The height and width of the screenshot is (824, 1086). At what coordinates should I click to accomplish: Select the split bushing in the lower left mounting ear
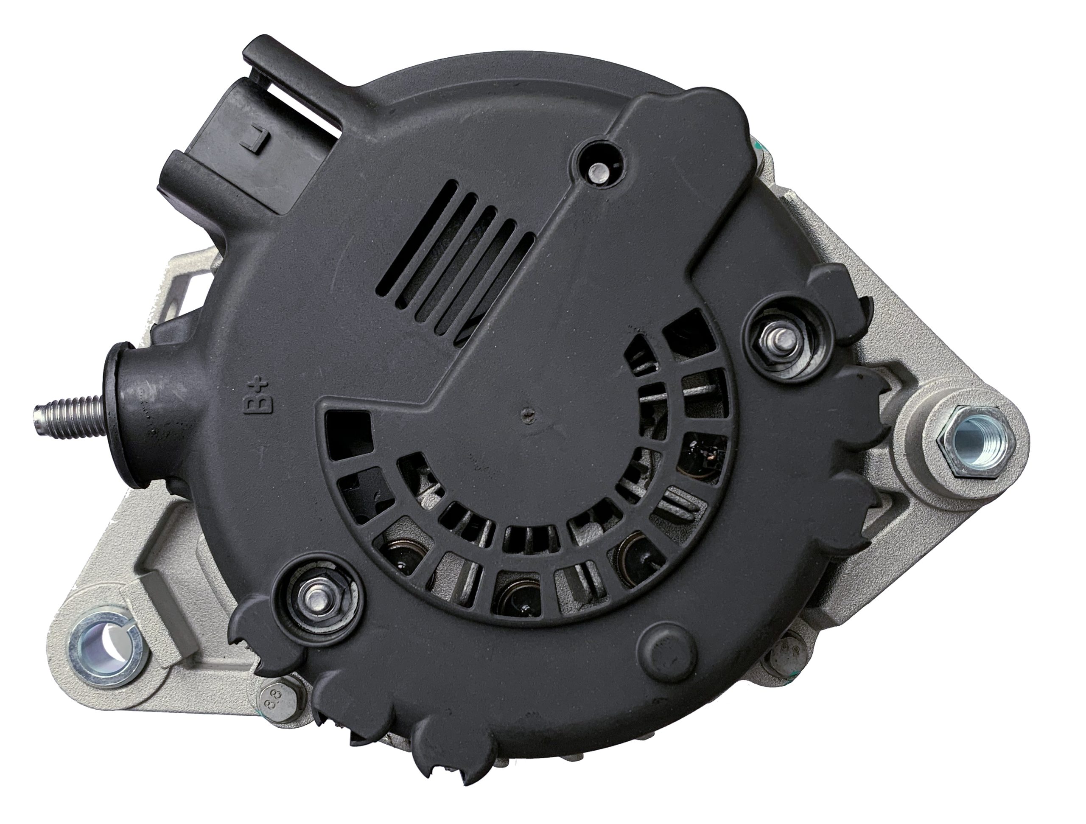[x=105, y=645]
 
